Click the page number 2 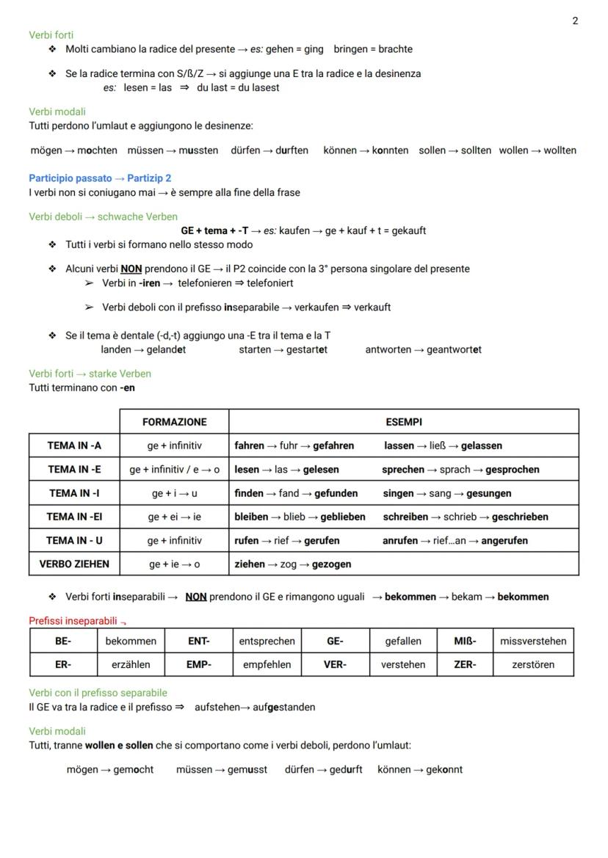pyautogui.click(x=575, y=21)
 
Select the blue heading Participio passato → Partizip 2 pyautogui.click(x=100, y=178)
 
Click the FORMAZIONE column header pyautogui.click(x=174, y=422)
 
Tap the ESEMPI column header pyautogui.click(x=403, y=422)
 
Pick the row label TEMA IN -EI pyautogui.click(x=74, y=517)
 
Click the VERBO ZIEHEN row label pyautogui.click(x=74, y=564)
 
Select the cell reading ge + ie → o pyautogui.click(x=174, y=564)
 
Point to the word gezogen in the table pyautogui.click(x=331, y=564)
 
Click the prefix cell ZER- pyautogui.click(x=464, y=664)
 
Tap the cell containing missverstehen pyautogui.click(x=533, y=641)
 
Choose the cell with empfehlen pyautogui.click(x=267, y=664)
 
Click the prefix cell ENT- pyautogui.click(x=198, y=641)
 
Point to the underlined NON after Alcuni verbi pyautogui.click(x=131, y=269)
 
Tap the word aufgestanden pyautogui.click(x=285, y=708)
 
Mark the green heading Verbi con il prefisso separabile pyautogui.click(x=98, y=693)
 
